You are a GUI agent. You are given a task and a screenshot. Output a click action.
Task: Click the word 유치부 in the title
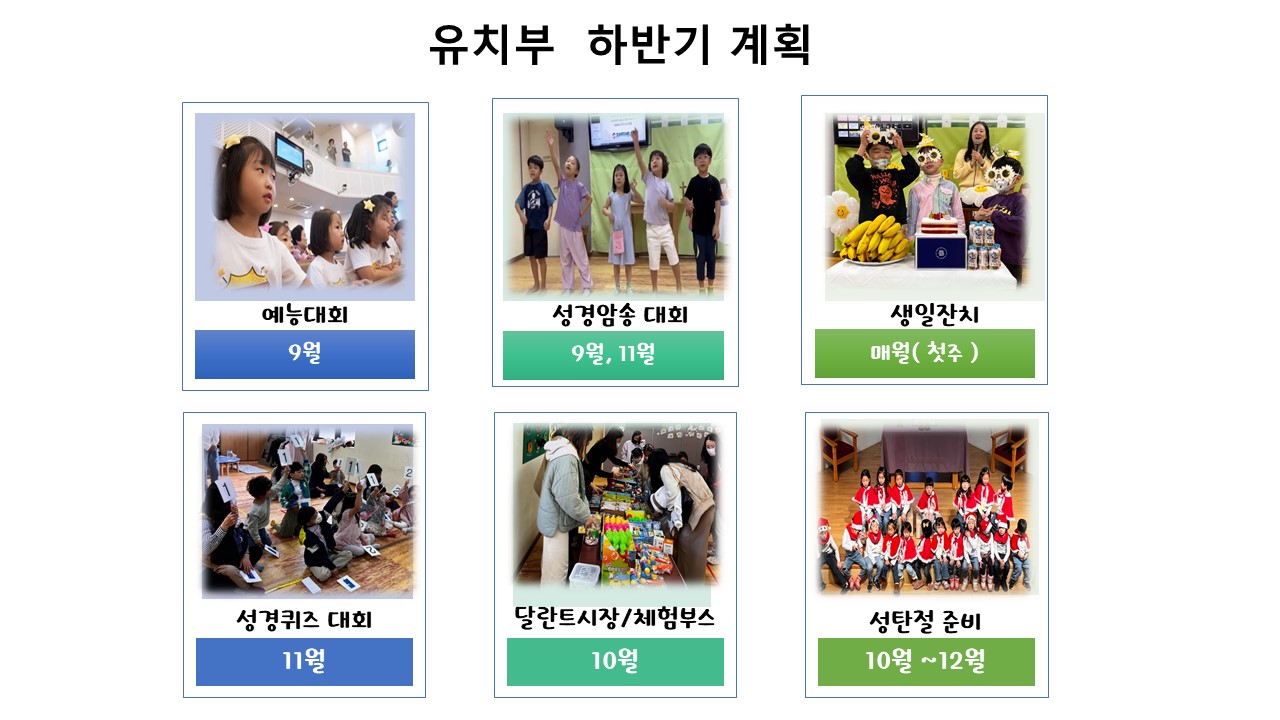click(491, 45)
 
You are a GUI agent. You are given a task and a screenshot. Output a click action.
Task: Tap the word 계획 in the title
click(771, 45)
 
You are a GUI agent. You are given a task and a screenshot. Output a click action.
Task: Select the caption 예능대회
click(305, 315)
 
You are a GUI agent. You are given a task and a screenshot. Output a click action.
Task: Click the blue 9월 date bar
click(305, 354)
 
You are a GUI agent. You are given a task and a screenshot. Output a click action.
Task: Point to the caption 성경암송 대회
click(620, 315)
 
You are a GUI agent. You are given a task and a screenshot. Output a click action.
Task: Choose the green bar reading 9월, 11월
click(613, 355)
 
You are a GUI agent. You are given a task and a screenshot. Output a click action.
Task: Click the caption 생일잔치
click(935, 315)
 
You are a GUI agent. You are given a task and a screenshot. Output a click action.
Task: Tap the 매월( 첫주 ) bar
click(925, 353)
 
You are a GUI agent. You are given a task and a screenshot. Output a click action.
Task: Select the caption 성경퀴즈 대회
click(304, 619)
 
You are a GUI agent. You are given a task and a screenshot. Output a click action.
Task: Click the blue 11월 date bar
click(304, 662)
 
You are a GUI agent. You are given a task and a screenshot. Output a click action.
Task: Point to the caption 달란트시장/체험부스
click(615, 618)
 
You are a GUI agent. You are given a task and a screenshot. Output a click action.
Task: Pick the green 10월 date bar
click(615, 662)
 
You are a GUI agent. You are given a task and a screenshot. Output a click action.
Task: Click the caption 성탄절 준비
click(925, 621)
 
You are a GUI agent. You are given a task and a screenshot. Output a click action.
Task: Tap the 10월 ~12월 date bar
click(926, 662)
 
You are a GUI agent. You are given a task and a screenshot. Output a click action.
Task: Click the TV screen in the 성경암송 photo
click(619, 130)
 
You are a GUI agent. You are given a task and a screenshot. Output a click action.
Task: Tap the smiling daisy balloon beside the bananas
click(842, 212)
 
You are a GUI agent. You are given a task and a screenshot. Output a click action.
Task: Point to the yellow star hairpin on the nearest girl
click(233, 141)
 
